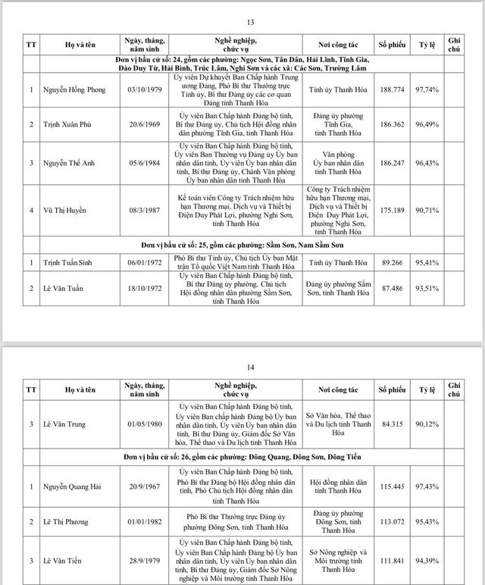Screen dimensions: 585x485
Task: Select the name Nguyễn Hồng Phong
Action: coord(68,89)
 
